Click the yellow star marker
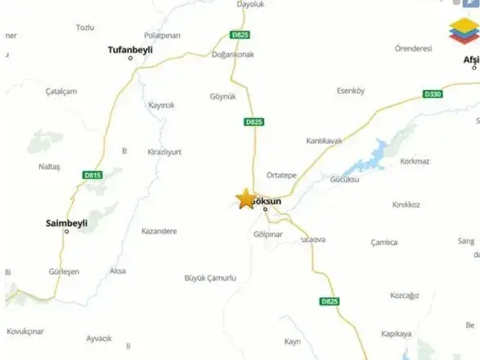[x=244, y=199]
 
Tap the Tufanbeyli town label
[x=130, y=50]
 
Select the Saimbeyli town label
[x=66, y=222]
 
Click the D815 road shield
[x=92, y=174]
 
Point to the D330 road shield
[x=433, y=95]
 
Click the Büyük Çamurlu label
[x=210, y=278]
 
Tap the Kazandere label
[x=159, y=232]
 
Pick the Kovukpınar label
[x=27, y=331]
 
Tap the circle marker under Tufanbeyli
[x=131, y=59]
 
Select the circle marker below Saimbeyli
[x=67, y=231]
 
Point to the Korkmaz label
[x=415, y=161]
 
